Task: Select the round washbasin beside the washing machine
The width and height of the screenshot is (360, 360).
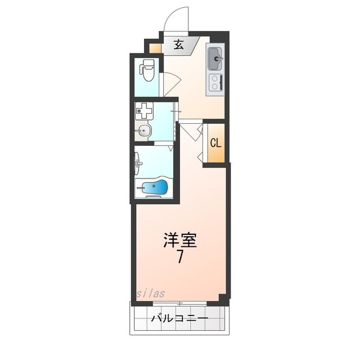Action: (144, 132)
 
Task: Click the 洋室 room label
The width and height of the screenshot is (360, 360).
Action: (180, 240)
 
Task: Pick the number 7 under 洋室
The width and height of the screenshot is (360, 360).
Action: (180, 258)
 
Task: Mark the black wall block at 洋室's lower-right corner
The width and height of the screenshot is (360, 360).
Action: (224, 298)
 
